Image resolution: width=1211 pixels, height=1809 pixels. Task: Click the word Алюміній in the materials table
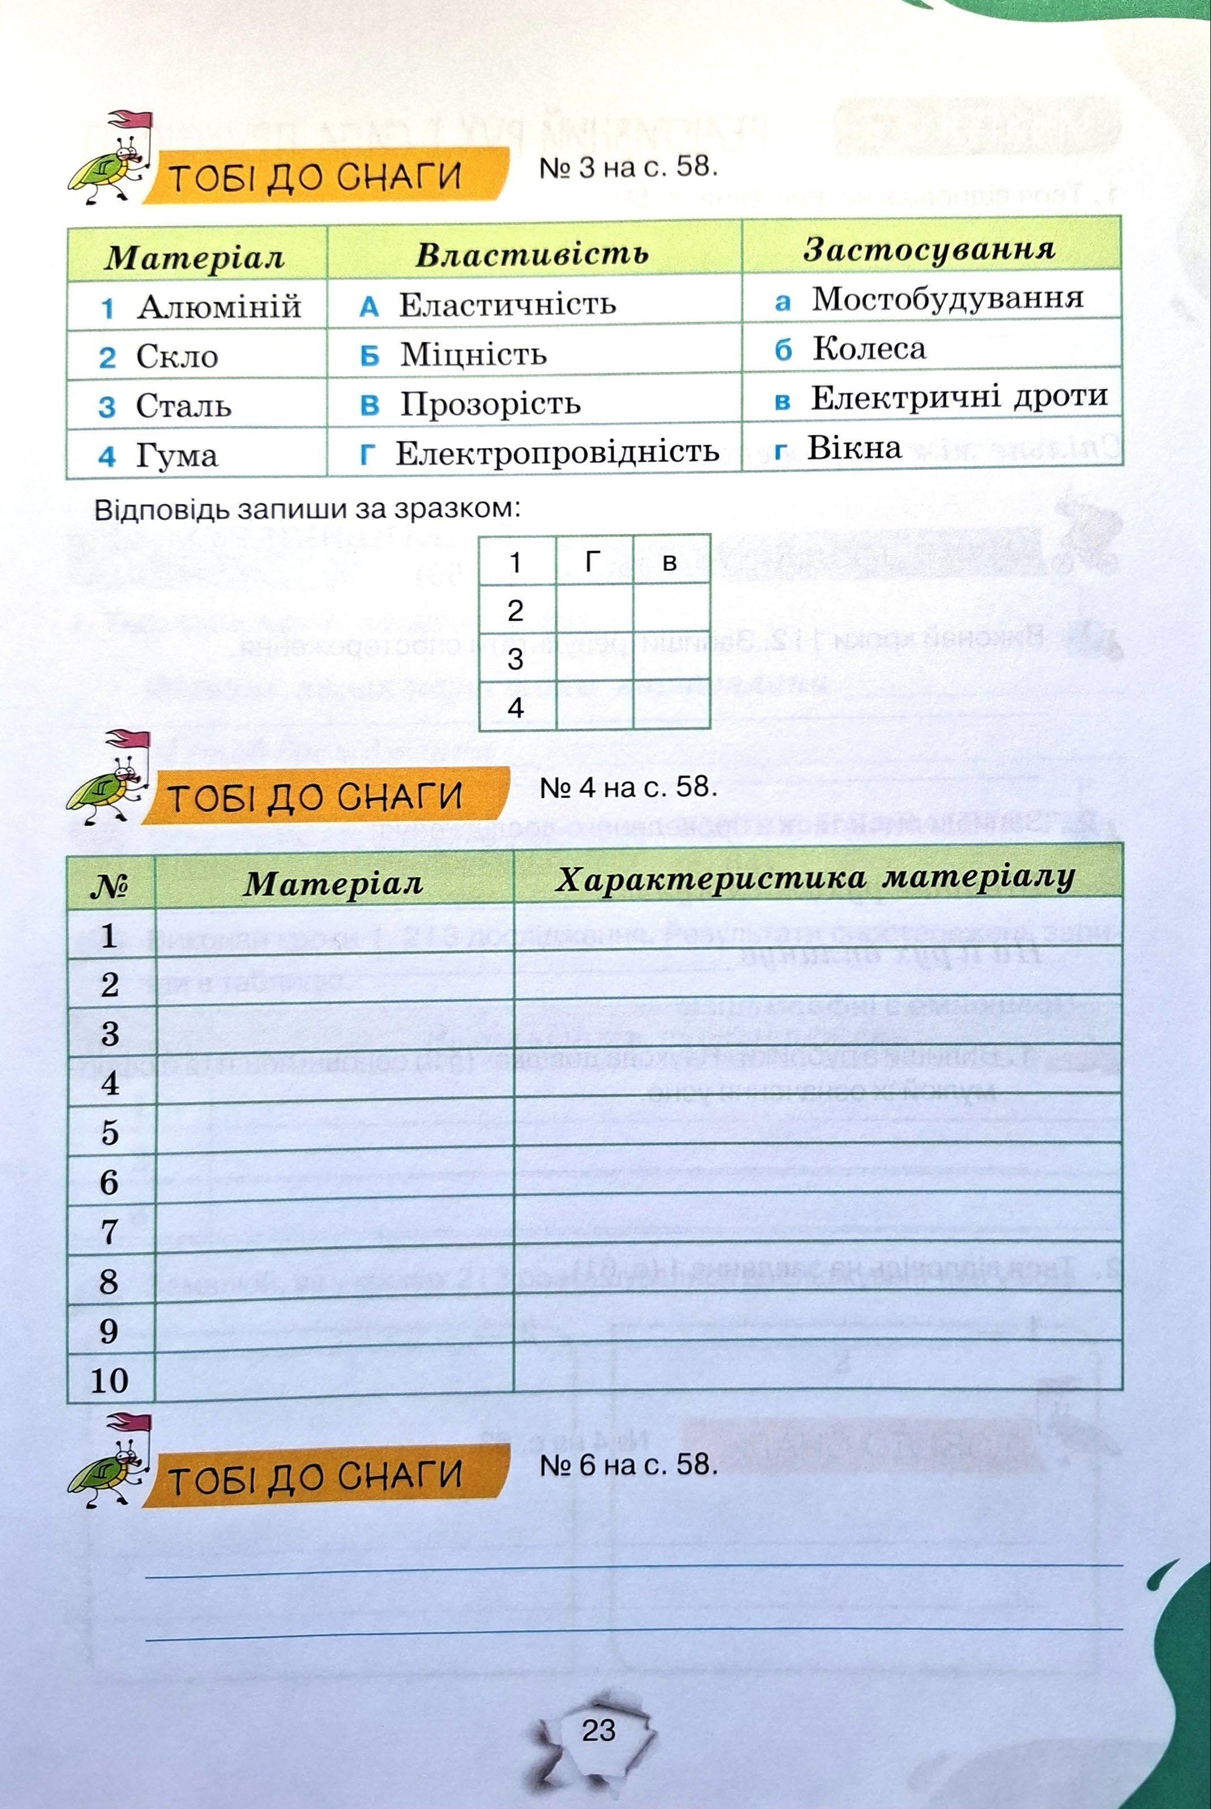click(x=219, y=306)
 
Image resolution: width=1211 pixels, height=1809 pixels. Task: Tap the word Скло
click(x=177, y=356)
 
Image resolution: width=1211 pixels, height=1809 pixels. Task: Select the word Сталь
click(x=183, y=405)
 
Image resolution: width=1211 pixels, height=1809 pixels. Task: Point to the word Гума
click(x=177, y=455)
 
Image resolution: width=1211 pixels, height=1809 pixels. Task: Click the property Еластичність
click(x=507, y=304)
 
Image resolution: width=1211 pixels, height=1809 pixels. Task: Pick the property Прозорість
click(x=489, y=403)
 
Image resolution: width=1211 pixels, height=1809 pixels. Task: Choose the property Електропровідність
click(x=556, y=452)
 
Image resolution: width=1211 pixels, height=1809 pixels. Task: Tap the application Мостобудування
click(x=947, y=298)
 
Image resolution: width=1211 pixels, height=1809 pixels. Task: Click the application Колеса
click(x=869, y=348)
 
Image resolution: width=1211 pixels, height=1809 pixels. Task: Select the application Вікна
click(x=854, y=447)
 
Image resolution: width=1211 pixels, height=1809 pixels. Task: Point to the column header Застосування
click(x=929, y=249)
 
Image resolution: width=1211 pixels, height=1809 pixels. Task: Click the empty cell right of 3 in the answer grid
click(x=594, y=658)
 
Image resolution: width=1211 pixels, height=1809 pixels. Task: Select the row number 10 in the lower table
click(x=109, y=1380)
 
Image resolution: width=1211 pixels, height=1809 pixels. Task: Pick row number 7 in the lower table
click(x=109, y=1231)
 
